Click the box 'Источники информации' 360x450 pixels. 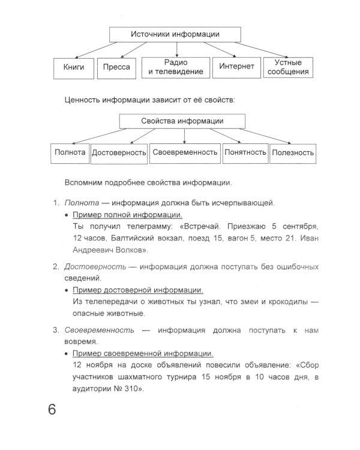coord(175,34)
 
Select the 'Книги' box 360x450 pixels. coord(74,67)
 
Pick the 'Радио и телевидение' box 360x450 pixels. coord(176,67)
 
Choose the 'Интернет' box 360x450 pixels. coord(236,67)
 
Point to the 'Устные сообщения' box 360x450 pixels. coord(288,67)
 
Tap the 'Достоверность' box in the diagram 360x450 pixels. coord(119,153)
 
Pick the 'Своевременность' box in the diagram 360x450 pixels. coord(185,152)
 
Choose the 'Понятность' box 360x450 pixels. coord(245,152)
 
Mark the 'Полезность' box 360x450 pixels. coord(293,153)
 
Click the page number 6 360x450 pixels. coord(52,412)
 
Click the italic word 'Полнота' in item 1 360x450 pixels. coord(81,203)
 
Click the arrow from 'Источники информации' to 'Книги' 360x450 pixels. coord(92,49)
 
